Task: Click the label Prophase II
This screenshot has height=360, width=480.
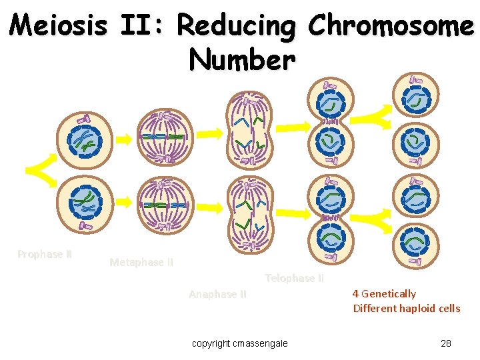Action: click(x=45, y=254)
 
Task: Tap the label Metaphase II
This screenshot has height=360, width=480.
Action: click(x=141, y=262)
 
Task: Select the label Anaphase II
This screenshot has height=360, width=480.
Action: click(x=217, y=294)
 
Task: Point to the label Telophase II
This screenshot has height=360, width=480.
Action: click(x=294, y=278)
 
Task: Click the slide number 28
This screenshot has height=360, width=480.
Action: click(x=446, y=343)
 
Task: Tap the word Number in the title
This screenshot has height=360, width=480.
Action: click(x=241, y=60)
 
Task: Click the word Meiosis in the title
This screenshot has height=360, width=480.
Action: click(x=59, y=26)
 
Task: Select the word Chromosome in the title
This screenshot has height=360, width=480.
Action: click(x=390, y=26)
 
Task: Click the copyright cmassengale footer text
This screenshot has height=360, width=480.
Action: click(x=240, y=343)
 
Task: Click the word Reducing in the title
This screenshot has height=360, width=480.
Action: click(x=237, y=26)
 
